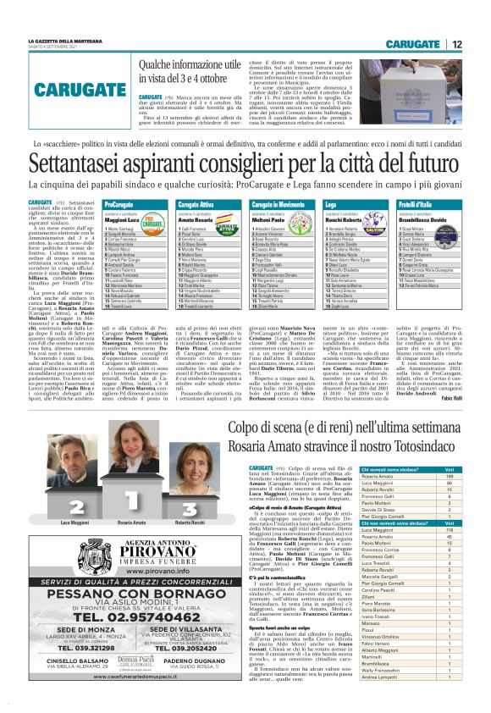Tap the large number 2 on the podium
click(79, 483)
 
